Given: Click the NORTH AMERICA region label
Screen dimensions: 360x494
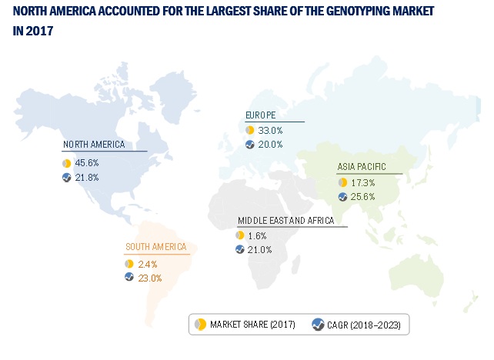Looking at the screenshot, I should (94, 144).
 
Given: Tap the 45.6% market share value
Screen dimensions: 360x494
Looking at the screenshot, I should (87, 163).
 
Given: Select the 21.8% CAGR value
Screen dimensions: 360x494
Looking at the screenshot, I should (87, 177).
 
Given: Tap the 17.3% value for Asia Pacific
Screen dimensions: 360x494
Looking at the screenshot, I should (364, 182).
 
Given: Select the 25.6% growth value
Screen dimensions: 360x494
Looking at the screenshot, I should (364, 196).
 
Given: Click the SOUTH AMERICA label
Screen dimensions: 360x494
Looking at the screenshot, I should (155, 248).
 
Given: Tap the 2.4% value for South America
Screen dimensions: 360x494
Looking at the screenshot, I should (146, 264).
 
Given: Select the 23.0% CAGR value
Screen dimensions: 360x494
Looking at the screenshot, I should (149, 278).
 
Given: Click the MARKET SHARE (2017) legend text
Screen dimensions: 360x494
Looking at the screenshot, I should (252, 324).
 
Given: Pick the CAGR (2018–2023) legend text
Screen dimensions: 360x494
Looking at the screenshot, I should (365, 324).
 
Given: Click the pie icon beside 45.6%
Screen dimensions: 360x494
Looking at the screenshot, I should (67, 163).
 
